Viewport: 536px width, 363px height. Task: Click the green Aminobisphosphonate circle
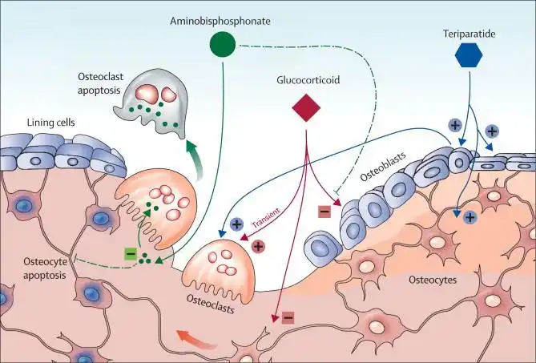(x=224, y=45)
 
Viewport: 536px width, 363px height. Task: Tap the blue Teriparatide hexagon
(x=470, y=55)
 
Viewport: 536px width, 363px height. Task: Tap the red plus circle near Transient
(x=258, y=245)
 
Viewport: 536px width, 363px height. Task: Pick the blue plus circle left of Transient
(x=237, y=224)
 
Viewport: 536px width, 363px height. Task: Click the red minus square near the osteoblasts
(x=324, y=212)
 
